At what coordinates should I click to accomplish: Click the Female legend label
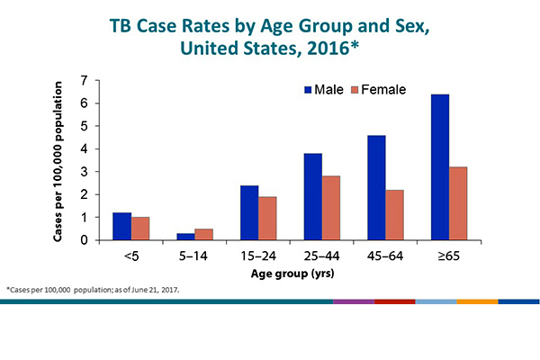(383, 90)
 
